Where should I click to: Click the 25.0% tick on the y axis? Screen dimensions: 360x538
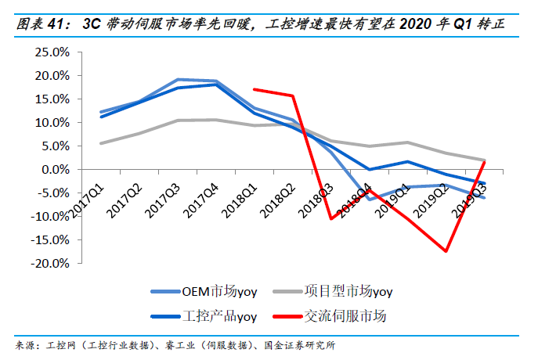(x=50, y=52)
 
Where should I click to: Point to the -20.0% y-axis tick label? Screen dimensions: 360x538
(x=48, y=264)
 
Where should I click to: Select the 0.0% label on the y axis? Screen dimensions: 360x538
(x=53, y=170)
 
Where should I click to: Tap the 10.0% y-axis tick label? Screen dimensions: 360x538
(x=50, y=123)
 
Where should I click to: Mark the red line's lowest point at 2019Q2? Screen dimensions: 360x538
(x=446, y=251)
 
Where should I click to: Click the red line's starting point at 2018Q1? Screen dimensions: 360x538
(x=255, y=89)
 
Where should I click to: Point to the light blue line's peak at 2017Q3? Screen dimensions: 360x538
(x=178, y=79)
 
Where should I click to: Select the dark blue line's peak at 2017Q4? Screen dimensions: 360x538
(x=216, y=84)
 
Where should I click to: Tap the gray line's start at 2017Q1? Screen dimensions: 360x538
(x=101, y=143)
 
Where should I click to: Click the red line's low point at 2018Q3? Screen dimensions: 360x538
(x=330, y=218)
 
